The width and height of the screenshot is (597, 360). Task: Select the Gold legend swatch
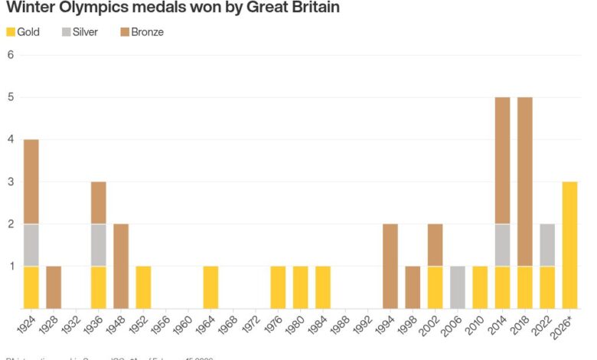point(11,32)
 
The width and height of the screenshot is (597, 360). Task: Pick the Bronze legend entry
point(142,32)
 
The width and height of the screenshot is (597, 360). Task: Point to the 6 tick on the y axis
point(11,55)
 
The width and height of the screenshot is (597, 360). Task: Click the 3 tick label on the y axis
point(11,182)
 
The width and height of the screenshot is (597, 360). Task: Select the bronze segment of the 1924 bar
point(31,182)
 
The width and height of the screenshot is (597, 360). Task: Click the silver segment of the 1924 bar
point(31,245)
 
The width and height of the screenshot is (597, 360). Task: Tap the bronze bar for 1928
point(54,287)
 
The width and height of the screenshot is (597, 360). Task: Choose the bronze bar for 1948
point(121,266)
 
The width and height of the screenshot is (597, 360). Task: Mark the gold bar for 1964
point(210,287)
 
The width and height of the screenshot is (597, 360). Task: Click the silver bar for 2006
point(457,287)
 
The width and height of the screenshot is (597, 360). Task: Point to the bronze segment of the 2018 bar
point(524,182)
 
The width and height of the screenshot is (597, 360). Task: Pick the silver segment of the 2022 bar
point(546,245)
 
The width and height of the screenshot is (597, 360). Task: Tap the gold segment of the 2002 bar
point(435,287)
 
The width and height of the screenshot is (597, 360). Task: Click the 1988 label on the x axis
point(344,328)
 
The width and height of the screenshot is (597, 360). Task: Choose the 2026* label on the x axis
point(567,329)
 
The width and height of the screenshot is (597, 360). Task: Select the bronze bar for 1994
point(390,266)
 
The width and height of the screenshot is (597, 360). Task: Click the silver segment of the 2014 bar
point(501,245)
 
